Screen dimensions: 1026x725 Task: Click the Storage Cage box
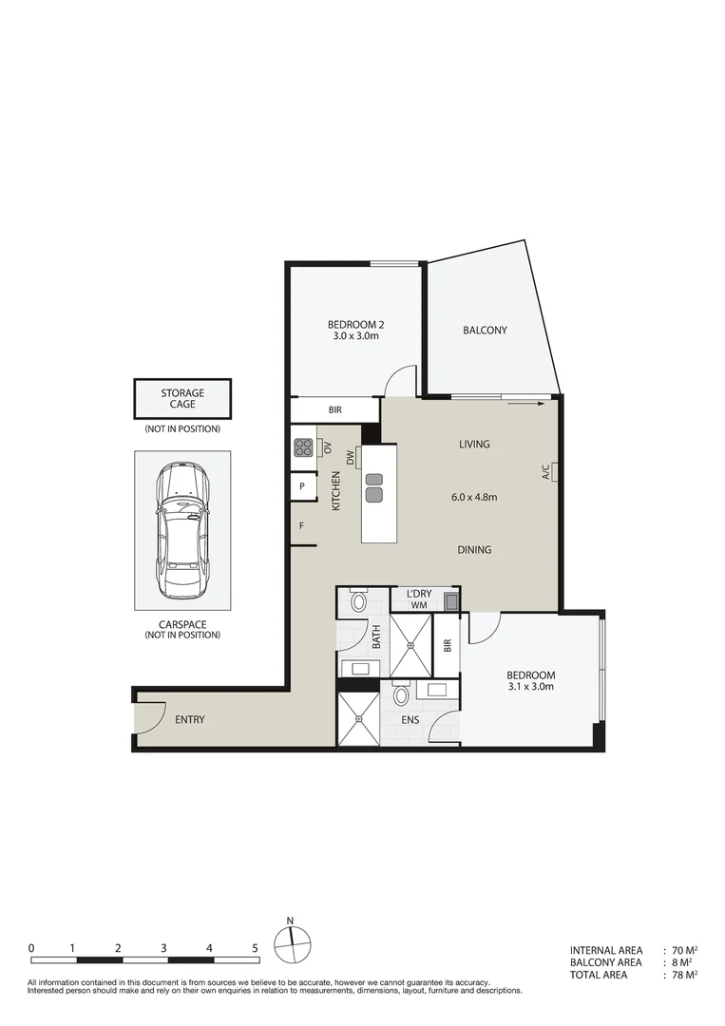pos(182,398)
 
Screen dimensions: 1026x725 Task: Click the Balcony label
pos(485,331)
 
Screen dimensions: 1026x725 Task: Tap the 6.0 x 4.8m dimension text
pos(475,496)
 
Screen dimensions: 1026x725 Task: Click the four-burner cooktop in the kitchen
pos(304,446)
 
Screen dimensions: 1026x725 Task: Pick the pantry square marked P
pos(302,486)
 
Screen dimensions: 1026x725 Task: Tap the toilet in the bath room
pos(359,601)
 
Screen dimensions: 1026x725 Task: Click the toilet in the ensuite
pos(401,695)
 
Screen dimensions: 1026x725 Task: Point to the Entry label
pos(189,719)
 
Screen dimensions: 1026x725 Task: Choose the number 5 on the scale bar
pos(255,948)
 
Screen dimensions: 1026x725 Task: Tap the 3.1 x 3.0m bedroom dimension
pos(531,686)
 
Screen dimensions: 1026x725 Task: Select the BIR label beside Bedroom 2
pos(334,410)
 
